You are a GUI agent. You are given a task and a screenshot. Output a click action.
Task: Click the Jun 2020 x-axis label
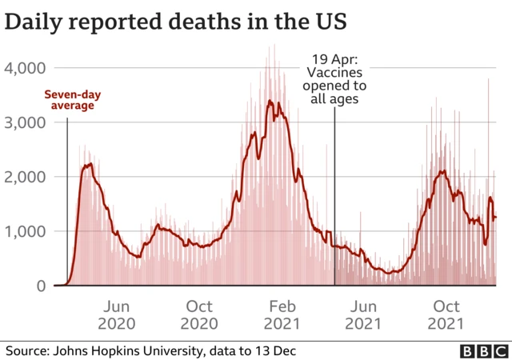pos(117,315)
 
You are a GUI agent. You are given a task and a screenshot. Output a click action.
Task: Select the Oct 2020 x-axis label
pos(199,315)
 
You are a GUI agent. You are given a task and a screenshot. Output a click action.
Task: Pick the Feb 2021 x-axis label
pos(282,315)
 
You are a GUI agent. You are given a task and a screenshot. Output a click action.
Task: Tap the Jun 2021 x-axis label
pos(364,315)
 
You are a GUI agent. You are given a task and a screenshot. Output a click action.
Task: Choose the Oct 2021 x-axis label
pos(446,315)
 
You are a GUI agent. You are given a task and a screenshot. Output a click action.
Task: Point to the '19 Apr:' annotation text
pos(334,59)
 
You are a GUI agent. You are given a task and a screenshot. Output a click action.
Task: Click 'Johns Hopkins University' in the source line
pos(122,350)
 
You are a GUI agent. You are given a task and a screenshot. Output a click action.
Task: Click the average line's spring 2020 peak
pos(90,164)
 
